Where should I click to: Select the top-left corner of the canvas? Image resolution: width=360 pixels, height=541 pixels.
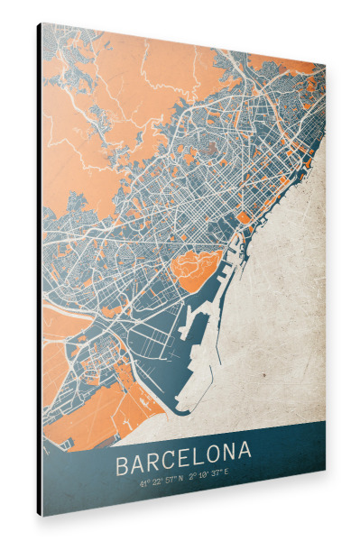click(x=38, y=23)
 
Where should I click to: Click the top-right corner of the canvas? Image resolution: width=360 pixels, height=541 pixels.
click(x=325, y=67)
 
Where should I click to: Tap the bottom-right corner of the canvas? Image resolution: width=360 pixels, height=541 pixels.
click(x=325, y=476)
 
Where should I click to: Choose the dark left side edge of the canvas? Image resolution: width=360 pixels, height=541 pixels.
click(x=40, y=270)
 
